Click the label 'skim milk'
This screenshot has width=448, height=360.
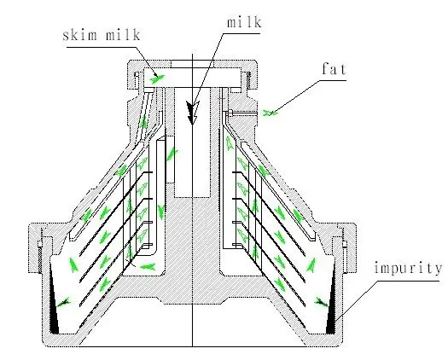click(102, 35)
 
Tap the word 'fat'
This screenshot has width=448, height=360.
click(334, 69)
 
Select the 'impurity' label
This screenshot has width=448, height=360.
click(408, 268)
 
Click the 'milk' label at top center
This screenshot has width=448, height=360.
click(244, 22)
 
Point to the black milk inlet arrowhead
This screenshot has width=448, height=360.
click(192, 113)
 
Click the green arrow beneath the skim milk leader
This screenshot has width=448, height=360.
click(157, 78)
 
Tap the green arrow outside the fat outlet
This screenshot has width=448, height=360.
click(270, 113)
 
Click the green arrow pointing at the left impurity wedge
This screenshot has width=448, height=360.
click(63, 302)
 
